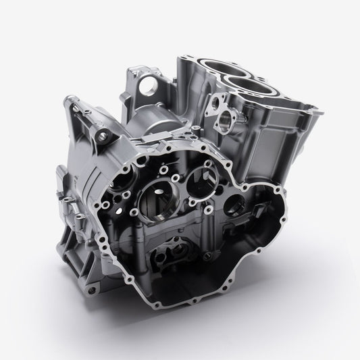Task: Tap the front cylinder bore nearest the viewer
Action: coord(249,86)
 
